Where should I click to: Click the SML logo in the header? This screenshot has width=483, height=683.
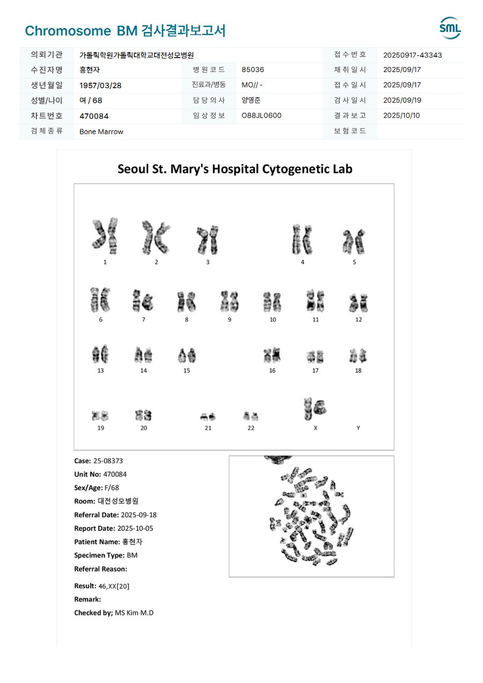tap(450, 28)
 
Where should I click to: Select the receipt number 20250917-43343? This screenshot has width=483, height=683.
tap(413, 55)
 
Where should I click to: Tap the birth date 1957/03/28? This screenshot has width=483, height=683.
tap(99, 85)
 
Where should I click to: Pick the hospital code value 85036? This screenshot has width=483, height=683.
tap(253, 70)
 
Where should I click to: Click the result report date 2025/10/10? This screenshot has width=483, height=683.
tap(401, 116)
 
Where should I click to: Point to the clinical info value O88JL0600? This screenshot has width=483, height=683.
tap(261, 116)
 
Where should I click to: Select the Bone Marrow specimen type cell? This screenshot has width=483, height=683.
tap(101, 132)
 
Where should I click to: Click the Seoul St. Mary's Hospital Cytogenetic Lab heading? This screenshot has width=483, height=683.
tap(235, 169)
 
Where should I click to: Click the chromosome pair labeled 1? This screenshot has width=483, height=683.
tap(105, 236)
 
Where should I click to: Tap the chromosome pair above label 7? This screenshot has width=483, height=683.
tap(143, 301)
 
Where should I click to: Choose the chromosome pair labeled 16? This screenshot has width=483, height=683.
tap(272, 355)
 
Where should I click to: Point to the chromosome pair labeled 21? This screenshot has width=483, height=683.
tap(208, 416)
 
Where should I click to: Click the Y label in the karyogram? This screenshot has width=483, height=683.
tap(358, 428)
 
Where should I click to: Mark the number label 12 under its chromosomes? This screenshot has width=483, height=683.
tap(358, 319)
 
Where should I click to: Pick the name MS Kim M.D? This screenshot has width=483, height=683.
tap(134, 613)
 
